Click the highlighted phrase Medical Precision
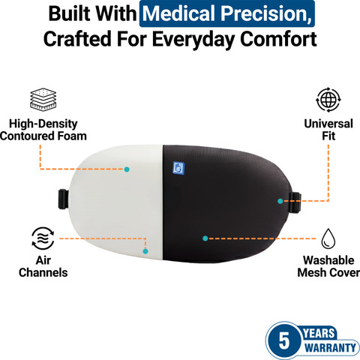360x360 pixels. pos(227,13)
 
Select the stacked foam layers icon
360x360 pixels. pos(43,99)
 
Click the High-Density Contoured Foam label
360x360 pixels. pos(43,130)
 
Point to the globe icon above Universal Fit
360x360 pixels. pos(328,100)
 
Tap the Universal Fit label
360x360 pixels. pos(328,130)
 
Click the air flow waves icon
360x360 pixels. pos(43,238)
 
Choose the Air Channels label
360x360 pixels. pos(43,266)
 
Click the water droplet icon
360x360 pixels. pos(328,238)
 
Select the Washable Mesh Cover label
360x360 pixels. pos(328,266)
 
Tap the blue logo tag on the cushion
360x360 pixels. pos(178,168)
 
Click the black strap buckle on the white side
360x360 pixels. pos(64,199)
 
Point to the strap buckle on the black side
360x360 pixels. pos(296,202)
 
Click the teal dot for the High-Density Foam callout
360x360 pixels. pos(127,169)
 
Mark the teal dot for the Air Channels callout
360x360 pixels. pos(145,251)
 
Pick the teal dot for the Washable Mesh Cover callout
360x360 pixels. pos(205,238)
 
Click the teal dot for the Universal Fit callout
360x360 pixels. pos(280,201)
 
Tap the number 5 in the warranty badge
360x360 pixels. pos(284,340)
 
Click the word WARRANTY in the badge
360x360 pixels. pos(330,348)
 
